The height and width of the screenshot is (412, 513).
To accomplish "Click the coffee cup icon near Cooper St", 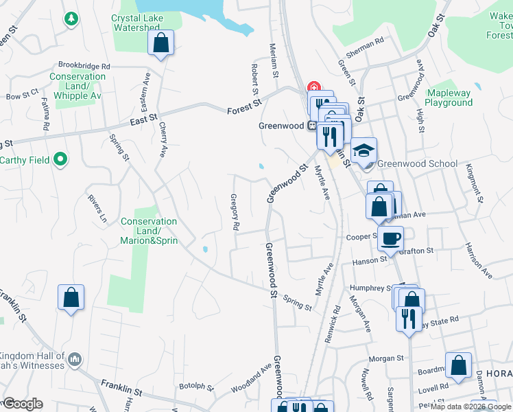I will [x=390, y=238].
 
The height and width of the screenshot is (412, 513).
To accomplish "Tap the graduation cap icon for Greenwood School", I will [x=364, y=150].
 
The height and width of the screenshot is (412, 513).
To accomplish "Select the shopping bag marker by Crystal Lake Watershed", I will [x=160, y=43].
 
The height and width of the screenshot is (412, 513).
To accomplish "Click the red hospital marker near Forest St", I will [x=314, y=87].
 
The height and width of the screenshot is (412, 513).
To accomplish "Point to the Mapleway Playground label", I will [x=449, y=98].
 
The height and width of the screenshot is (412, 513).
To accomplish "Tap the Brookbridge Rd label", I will [x=84, y=66].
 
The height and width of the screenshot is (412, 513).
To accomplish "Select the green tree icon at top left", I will [x=71, y=18].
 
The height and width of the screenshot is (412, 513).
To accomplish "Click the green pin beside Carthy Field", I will [x=60, y=160].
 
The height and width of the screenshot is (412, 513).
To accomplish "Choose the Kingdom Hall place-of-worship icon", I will [x=75, y=358].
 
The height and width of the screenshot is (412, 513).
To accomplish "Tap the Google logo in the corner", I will [x=23, y=404].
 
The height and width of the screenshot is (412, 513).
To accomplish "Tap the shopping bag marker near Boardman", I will [x=458, y=365].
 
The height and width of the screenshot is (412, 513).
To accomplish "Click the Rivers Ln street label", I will [x=98, y=209].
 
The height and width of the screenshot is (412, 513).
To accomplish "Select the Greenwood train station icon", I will [x=311, y=126].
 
